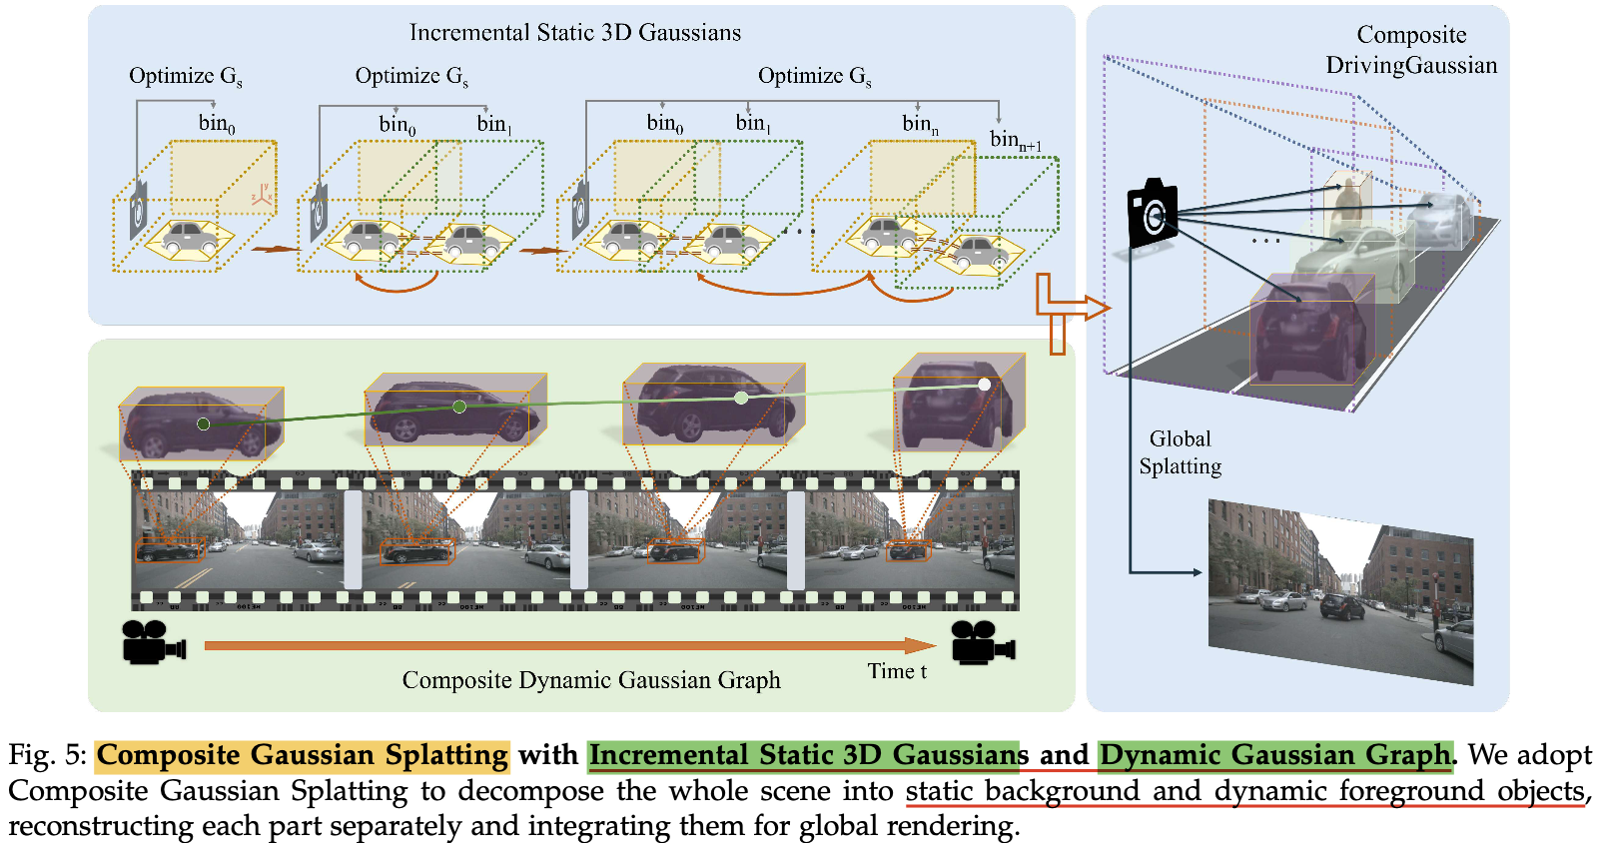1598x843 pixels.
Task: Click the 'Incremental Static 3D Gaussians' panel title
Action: coord(575,33)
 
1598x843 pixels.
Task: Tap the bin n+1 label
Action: coord(1016,141)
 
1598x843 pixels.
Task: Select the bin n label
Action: coord(920,124)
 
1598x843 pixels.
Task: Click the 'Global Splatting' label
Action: coord(1180,452)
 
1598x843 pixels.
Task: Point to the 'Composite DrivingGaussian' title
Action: coord(1411,50)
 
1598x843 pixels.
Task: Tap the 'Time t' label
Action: coord(897,671)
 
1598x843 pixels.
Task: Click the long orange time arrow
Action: coord(570,645)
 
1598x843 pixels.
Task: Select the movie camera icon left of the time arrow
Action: coord(154,642)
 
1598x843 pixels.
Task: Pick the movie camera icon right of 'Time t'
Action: coord(984,642)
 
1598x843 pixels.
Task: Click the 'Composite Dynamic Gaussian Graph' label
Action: coord(591,679)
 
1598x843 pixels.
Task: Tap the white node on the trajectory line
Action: coord(985,385)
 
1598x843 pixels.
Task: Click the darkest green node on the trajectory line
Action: coord(204,424)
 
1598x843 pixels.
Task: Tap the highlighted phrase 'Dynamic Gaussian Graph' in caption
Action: coord(1275,754)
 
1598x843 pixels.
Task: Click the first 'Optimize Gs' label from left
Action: coord(186,76)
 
